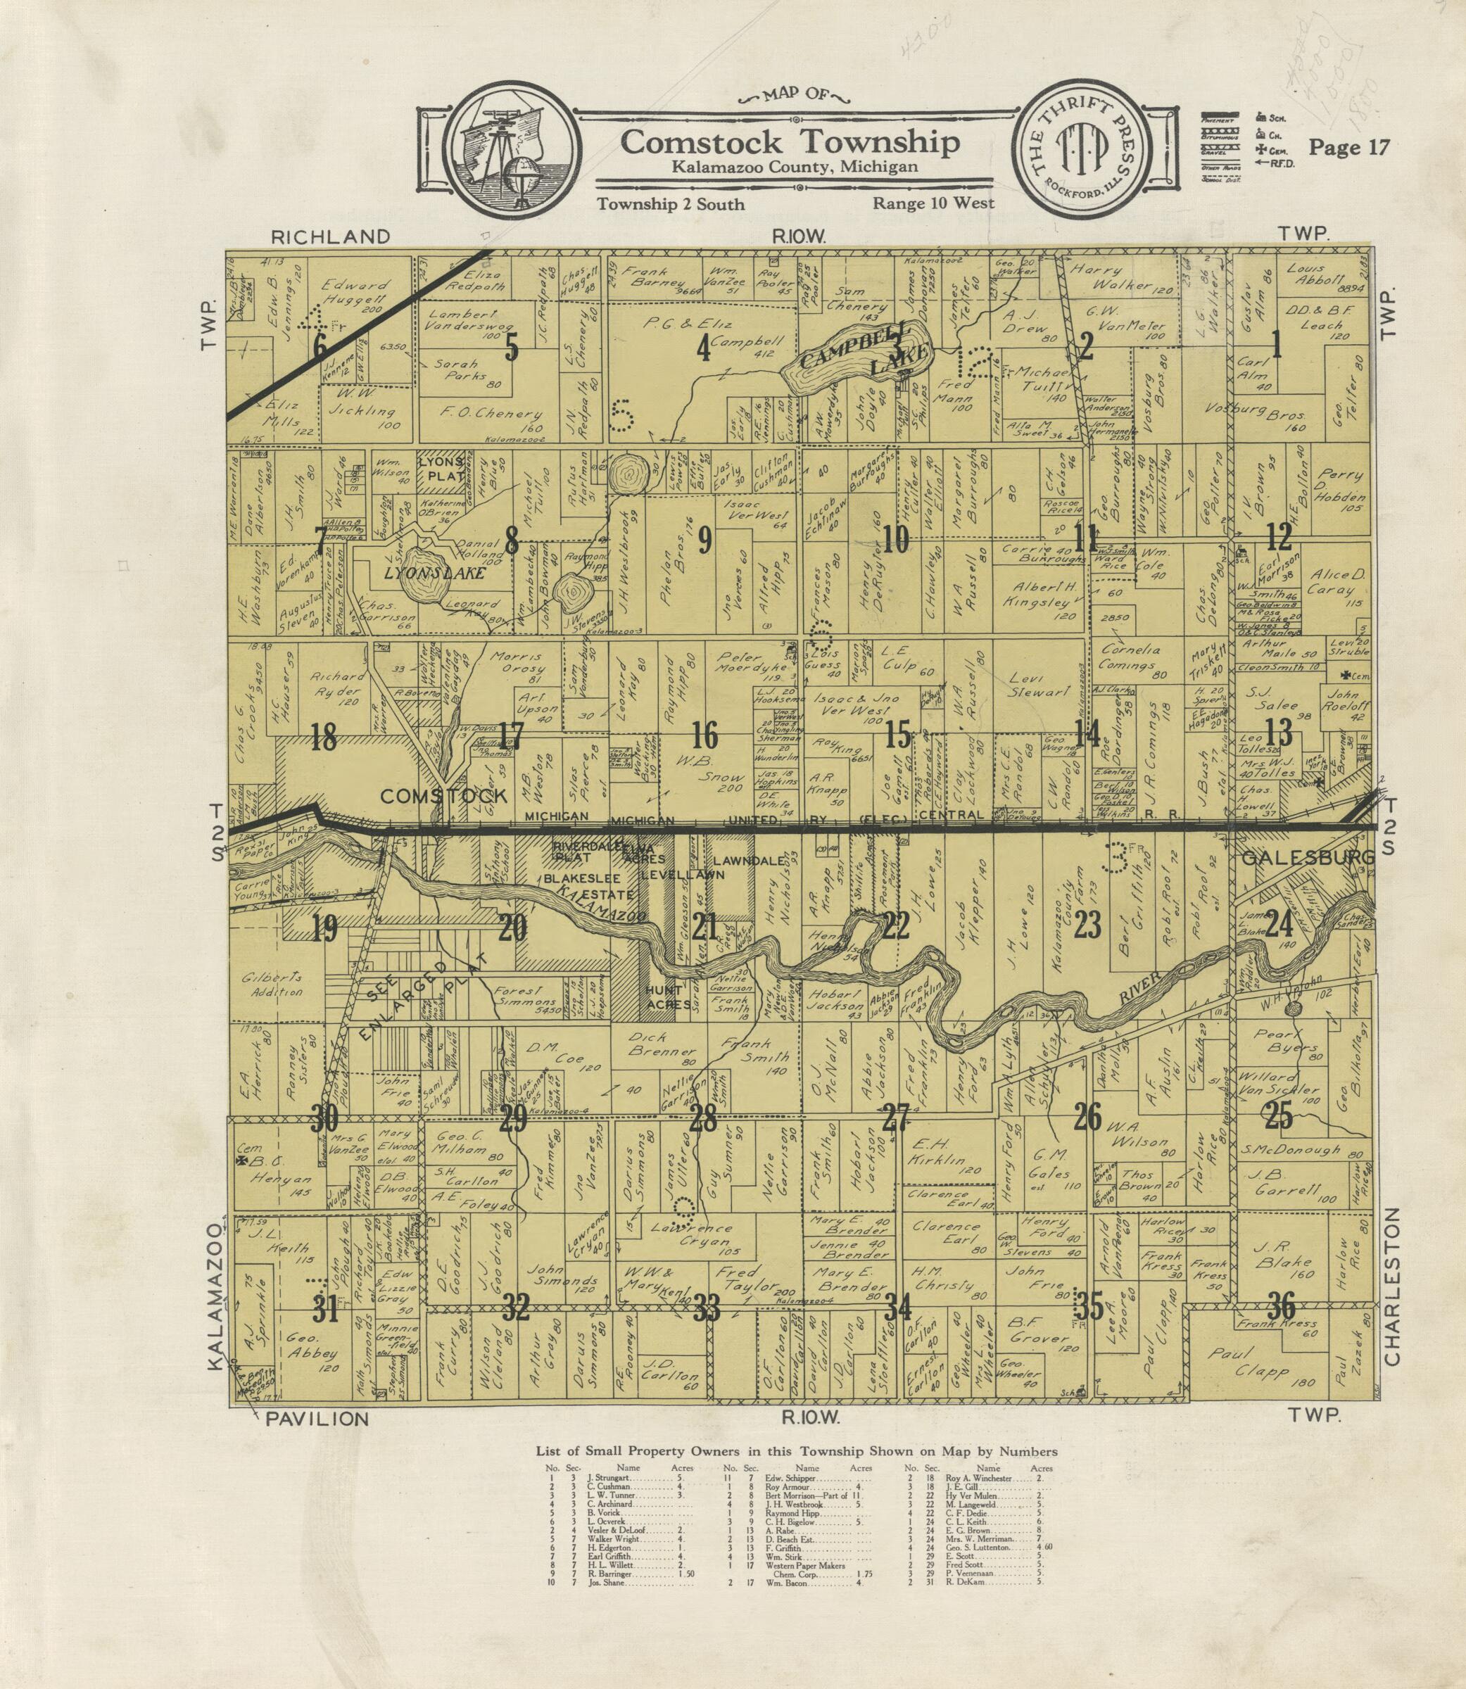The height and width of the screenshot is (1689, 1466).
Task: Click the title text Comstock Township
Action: [x=790, y=142]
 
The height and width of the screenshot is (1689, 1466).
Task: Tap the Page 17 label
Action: [x=1349, y=147]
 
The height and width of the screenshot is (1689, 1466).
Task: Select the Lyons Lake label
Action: [x=434, y=575]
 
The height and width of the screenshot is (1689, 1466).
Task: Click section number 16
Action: [x=704, y=735]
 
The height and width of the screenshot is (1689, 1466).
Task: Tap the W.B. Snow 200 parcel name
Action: [x=704, y=777]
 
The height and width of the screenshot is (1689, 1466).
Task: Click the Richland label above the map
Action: [x=331, y=237]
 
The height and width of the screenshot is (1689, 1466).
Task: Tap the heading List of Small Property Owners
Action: [x=796, y=1452]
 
